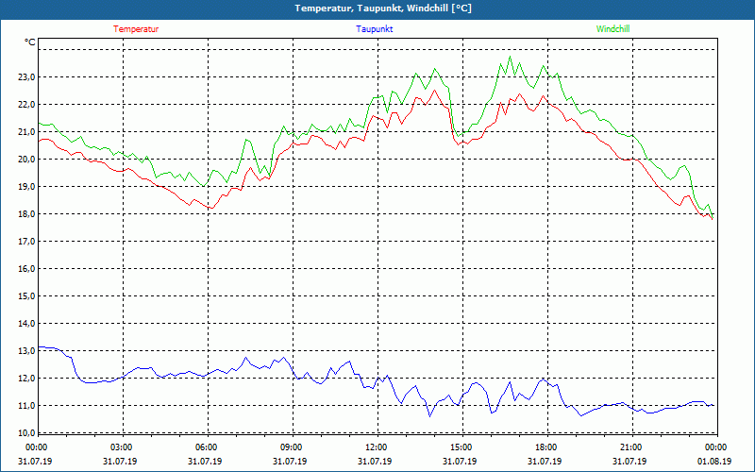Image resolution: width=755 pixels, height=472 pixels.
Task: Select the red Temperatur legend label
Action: click(136, 29)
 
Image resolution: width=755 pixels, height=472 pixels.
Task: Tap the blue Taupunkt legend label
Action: click(375, 29)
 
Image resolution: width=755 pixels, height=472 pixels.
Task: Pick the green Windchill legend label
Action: click(612, 29)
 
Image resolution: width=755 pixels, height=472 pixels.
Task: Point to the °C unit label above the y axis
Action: click(30, 42)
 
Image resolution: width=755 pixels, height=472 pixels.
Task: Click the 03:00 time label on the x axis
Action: click(122, 447)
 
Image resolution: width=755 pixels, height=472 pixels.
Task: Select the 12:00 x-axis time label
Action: click(376, 447)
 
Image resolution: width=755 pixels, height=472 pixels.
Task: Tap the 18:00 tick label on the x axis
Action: click(545, 447)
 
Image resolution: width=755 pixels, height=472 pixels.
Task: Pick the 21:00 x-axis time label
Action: click(630, 447)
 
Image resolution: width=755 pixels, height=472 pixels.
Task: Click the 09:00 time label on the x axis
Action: click(291, 447)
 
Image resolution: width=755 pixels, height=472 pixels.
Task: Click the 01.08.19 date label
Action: click(714, 462)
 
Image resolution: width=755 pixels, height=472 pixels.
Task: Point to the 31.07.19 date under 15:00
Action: click(461, 462)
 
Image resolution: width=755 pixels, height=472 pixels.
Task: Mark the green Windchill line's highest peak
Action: click(510, 57)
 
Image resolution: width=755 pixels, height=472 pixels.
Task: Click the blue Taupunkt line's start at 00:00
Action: click(39, 347)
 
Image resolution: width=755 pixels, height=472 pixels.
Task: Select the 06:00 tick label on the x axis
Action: click(207, 447)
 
